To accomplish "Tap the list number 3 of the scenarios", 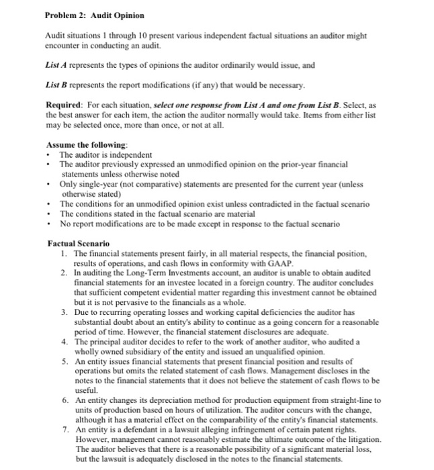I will click(62, 312).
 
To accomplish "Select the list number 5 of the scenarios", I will click(62, 361).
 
